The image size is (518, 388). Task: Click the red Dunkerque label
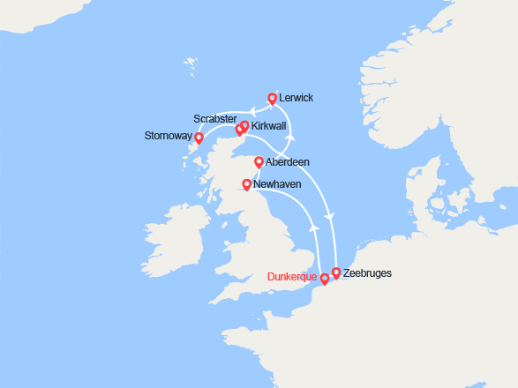coord(292,276)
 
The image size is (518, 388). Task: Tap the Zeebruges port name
coord(367,273)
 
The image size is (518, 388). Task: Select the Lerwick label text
coord(296,98)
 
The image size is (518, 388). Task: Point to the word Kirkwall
coord(269,127)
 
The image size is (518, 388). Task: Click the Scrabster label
coord(214,118)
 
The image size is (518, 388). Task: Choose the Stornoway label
coord(169,136)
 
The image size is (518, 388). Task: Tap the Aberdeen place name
coord(288,162)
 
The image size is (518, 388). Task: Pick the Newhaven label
coord(277,183)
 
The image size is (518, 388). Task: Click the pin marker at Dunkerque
coord(325,279)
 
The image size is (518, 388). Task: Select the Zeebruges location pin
coord(335,273)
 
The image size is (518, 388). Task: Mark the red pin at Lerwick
coord(272,98)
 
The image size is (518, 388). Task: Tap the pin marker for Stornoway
coord(199,138)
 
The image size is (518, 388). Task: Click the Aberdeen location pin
coord(259,161)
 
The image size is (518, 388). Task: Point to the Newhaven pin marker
coord(246,184)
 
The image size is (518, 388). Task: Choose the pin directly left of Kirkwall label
coord(244,127)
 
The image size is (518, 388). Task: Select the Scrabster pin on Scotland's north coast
coord(238,131)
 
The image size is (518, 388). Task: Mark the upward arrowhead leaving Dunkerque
coord(315,228)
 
